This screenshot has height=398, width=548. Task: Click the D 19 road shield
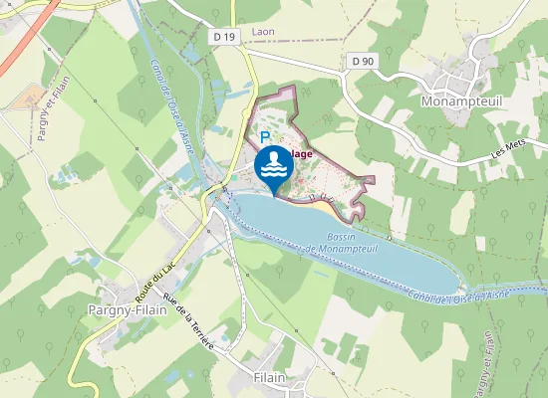[x=225, y=36]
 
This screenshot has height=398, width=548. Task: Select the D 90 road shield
[x=363, y=62]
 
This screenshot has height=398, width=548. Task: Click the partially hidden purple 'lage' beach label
[x=301, y=153]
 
